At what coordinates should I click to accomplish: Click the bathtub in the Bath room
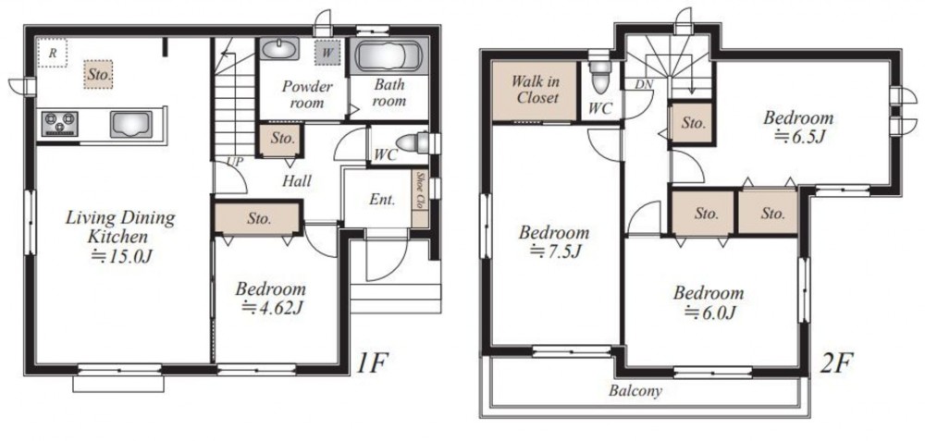388,56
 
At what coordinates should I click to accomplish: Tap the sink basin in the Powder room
279,49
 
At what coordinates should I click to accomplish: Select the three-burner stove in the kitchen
59,124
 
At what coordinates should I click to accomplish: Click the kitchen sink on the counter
130,124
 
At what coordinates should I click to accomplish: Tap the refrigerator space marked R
53,53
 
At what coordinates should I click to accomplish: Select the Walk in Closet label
535,89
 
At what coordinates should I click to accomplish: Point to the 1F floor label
371,363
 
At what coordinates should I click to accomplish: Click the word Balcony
635,391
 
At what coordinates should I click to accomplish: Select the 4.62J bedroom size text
273,307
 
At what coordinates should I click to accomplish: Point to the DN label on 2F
644,84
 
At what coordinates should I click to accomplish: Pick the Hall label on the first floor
296,181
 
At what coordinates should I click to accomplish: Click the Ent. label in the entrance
382,200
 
